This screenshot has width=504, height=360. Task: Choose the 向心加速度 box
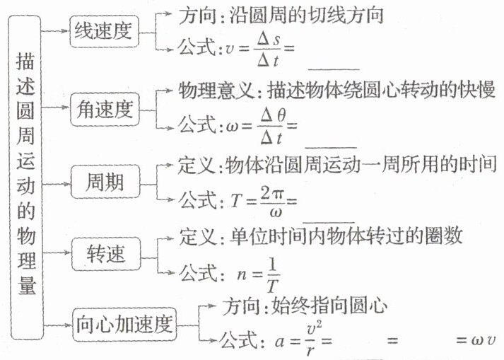(124, 325)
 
